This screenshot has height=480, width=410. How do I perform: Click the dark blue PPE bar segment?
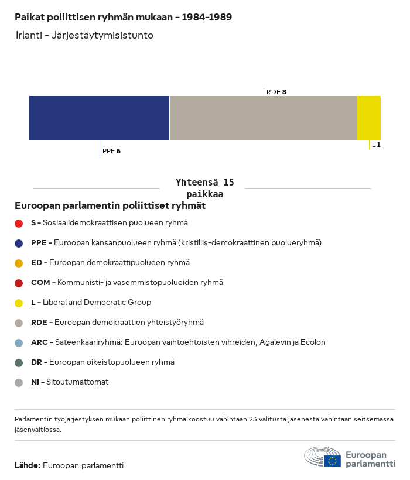click(x=99, y=118)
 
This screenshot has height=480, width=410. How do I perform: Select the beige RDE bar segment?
click(x=264, y=118)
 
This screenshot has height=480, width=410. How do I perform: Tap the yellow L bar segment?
click(x=369, y=118)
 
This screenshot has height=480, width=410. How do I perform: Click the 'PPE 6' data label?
click(x=111, y=151)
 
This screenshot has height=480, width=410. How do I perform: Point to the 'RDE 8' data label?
click(x=276, y=92)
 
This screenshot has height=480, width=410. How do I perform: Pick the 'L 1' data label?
click(x=376, y=145)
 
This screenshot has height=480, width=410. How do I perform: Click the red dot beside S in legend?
click(x=19, y=224)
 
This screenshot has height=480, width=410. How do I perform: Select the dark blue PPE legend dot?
click(x=19, y=244)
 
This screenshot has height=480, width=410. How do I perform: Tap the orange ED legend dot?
click(x=19, y=263)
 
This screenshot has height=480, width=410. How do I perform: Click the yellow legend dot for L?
click(x=19, y=303)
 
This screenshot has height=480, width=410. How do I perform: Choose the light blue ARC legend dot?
click(x=19, y=343)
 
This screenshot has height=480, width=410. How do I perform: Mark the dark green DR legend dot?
click(x=19, y=363)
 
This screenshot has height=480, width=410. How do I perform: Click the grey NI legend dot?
click(x=19, y=383)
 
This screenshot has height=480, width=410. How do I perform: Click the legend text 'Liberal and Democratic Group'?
click(x=97, y=303)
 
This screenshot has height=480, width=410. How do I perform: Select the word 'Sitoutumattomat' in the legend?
click(x=77, y=382)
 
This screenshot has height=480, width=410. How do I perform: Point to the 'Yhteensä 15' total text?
click(x=205, y=183)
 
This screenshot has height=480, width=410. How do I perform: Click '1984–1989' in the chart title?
click(x=207, y=17)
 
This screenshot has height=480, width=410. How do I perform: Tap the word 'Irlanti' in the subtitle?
click(x=29, y=35)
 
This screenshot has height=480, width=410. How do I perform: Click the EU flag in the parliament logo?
click(x=332, y=461)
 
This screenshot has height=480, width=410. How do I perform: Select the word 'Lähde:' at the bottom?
click(x=28, y=465)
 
